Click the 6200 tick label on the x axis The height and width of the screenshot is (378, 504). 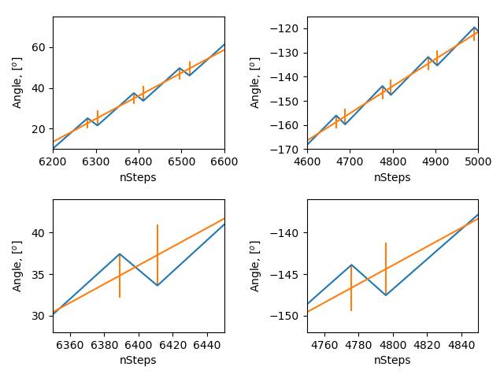[x=53, y=161]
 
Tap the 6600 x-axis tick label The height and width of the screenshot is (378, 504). [x=224, y=161]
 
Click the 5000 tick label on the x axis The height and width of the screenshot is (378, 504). [x=478, y=161]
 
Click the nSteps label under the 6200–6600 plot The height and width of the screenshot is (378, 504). [x=138, y=177]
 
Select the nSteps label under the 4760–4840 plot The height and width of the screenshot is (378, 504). [x=392, y=360]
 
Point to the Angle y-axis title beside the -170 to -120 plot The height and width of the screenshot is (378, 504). [x=255, y=83]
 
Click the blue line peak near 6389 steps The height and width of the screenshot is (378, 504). [x=120, y=254]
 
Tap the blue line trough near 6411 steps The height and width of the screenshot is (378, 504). [x=157, y=285]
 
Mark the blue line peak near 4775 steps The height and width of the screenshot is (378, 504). [x=351, y=265]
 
